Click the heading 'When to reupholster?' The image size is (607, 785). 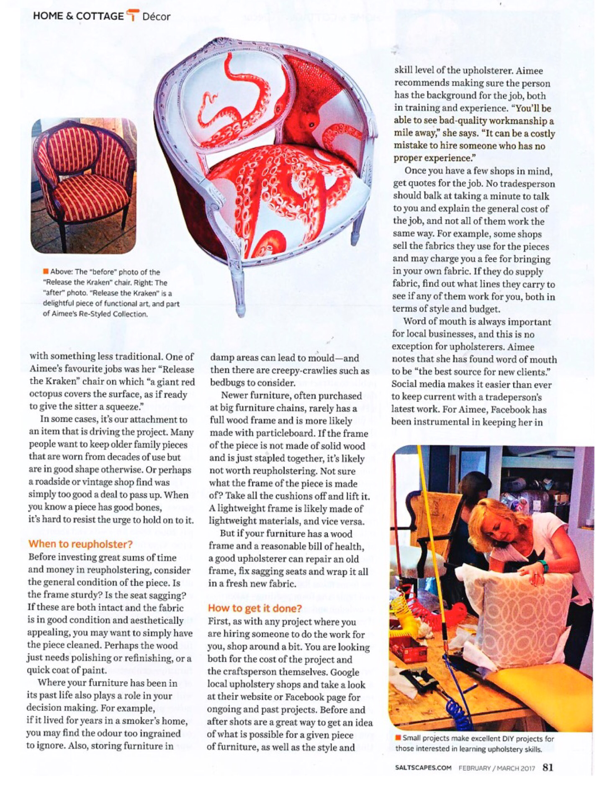point(80,544)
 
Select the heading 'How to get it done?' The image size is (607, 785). point(255,608)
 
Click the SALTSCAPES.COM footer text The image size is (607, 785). point(423,768)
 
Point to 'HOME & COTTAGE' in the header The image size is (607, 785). point(78,16)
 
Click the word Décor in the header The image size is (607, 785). point(156,17)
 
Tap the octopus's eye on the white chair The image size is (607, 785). point(311,124)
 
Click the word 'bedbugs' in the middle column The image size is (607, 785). point(226,383)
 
